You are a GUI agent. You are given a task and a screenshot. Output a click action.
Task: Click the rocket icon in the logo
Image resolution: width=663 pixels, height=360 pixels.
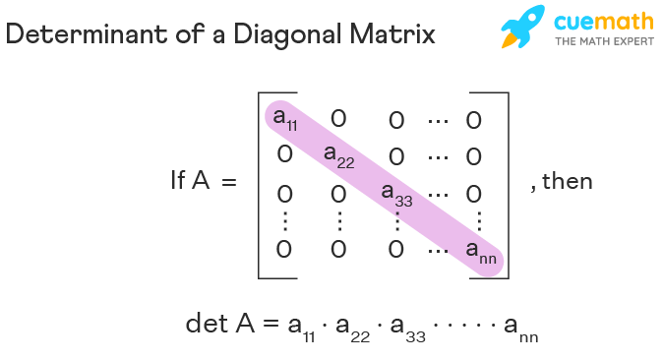522,28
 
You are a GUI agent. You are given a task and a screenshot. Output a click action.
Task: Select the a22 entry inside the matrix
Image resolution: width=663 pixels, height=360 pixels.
338,156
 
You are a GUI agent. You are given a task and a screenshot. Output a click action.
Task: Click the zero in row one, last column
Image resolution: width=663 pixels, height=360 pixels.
473,120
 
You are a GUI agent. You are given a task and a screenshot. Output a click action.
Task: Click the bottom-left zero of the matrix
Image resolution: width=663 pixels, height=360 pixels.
283,250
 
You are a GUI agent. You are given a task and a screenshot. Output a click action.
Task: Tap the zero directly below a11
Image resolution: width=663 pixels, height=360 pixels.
283,154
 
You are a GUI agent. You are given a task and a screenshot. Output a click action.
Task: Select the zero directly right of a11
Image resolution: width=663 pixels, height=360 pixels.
338,118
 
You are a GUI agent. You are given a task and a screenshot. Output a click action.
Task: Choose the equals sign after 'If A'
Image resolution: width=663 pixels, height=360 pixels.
229,182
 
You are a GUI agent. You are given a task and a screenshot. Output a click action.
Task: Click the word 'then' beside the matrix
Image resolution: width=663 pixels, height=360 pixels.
568,182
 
